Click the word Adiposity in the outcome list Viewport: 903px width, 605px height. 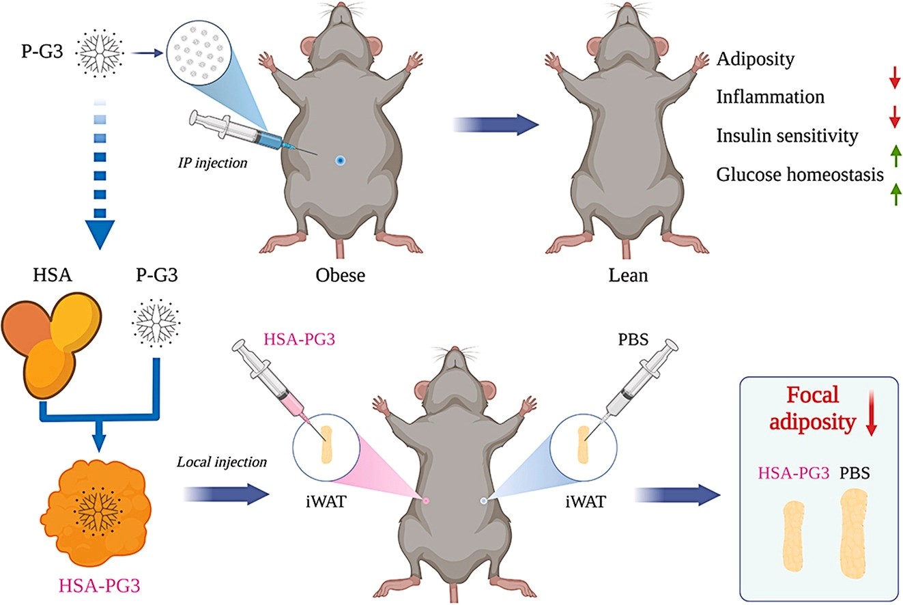coord(755,59)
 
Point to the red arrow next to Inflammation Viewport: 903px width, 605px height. coord(895,117)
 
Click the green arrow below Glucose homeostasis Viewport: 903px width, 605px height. coord(895,194)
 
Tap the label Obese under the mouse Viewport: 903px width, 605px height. coord(340,275)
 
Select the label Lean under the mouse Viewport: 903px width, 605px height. coord(628,275)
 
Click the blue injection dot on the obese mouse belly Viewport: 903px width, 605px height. coord(340,160)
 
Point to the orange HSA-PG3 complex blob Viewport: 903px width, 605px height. coord(96,513)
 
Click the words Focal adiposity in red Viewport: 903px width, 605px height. coord(812,408)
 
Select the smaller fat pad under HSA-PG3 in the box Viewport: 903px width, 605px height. coord(794,536)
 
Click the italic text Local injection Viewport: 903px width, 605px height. coord(222,462)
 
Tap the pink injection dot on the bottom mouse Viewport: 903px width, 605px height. coord(426,501)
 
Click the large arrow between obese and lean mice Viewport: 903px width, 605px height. coord(496,125)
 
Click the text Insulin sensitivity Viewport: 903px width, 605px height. coord(787,136)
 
